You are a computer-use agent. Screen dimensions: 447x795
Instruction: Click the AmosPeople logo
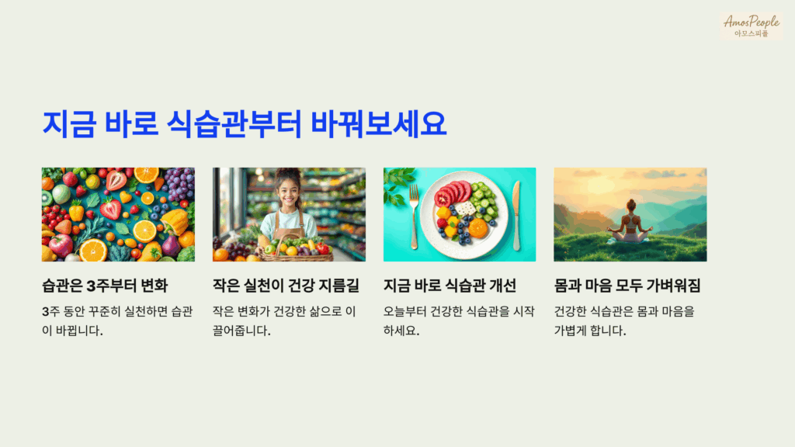coord(751,25)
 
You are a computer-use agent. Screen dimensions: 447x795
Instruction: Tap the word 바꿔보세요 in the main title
coord(378,125)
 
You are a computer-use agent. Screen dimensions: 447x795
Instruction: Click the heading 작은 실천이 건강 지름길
coord(286,286)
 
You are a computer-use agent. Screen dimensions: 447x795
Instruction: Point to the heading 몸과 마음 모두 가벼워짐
coord(627,286)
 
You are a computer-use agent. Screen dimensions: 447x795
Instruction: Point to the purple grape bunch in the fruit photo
coord(180,184)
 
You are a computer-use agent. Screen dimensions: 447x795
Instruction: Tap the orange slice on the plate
coord(478,228)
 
